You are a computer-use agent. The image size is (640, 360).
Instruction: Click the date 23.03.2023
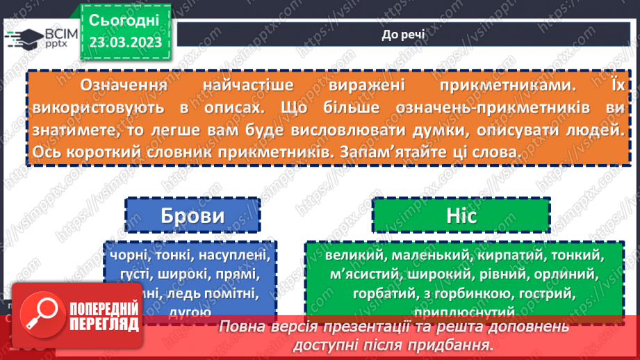pyautogui.click(x=125, y=42)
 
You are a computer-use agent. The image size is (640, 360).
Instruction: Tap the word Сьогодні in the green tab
pyautogui.click(x=125, y=19)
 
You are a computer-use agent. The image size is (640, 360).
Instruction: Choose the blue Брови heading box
pyautogui.click(x=192, y=216)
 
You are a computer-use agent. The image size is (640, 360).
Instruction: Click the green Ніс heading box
pyautogui.click(x=461, y=216)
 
